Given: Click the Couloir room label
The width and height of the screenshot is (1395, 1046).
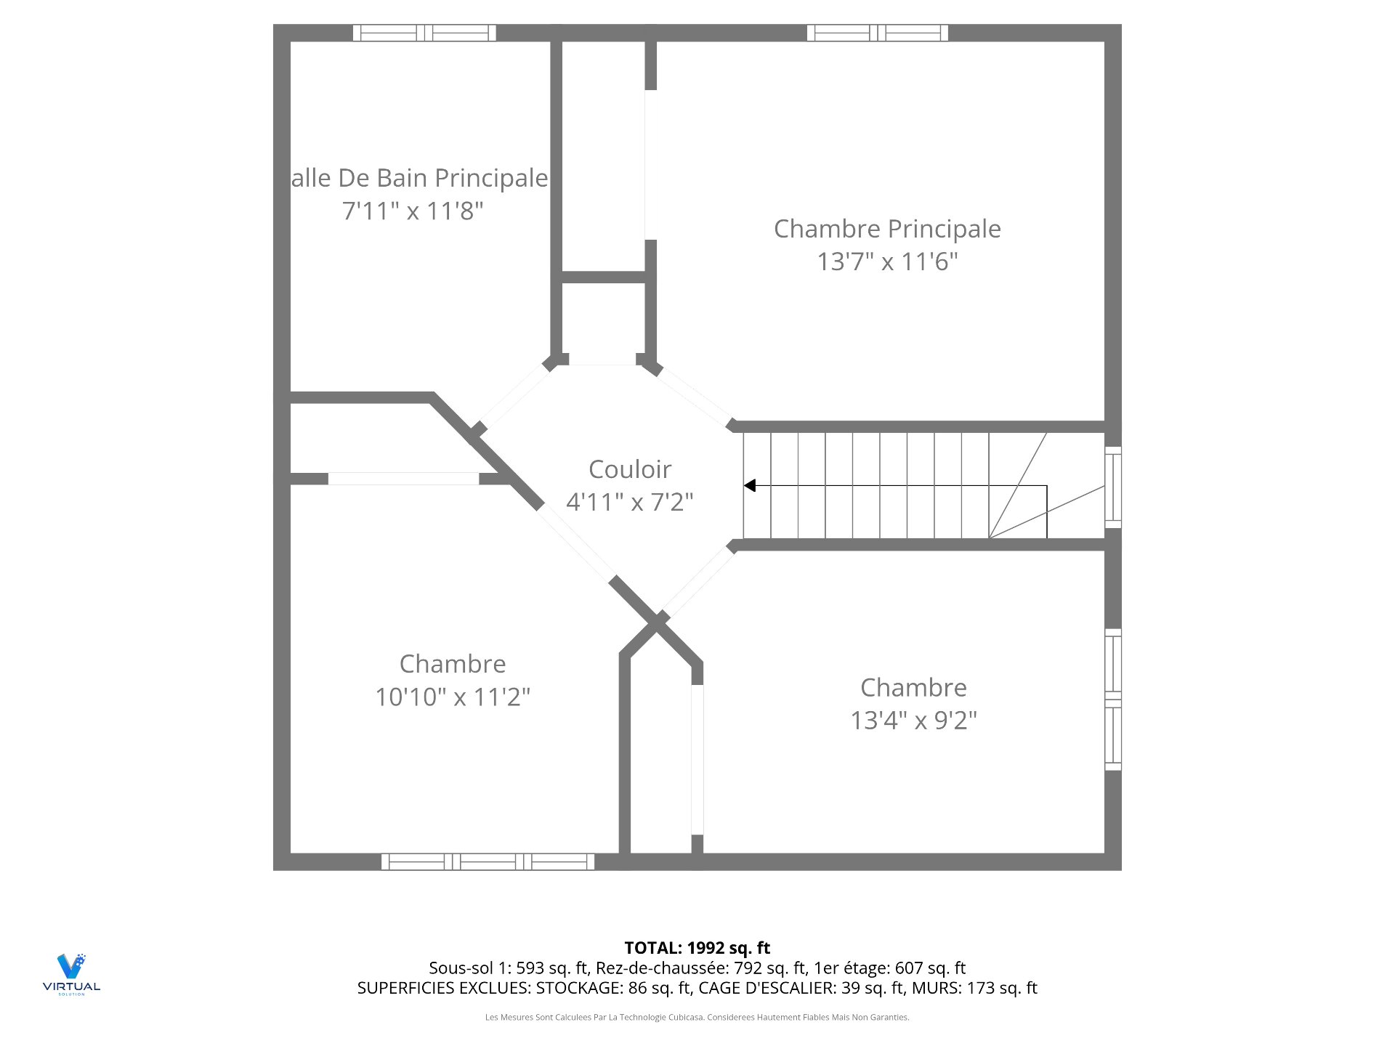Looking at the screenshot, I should point(629,469).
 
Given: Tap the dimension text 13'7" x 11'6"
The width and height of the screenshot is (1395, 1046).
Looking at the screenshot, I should point(887,261).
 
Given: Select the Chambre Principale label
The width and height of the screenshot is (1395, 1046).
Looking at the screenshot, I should point(887,229).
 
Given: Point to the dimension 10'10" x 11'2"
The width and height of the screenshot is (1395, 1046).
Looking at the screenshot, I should point(453,697).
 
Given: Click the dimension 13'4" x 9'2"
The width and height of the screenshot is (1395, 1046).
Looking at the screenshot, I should point(913,721).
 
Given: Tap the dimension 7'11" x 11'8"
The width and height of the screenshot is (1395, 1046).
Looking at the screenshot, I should point(413,211).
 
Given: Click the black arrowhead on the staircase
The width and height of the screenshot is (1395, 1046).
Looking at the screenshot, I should point(750,485).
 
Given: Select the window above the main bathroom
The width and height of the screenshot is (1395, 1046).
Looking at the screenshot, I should point(424,33).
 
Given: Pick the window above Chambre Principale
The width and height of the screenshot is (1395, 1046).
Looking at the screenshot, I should point(877,33).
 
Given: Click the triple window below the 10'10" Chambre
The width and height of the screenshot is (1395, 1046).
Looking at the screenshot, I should point(488,862).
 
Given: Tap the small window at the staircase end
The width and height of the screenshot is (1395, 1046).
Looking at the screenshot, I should point(1112,487).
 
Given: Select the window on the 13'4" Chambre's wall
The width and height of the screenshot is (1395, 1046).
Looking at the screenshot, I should point(1112,700).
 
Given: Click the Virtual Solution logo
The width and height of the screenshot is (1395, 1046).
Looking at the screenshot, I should point(71,973).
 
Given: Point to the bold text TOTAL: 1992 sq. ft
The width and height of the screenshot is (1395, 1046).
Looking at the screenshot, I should point(697,948).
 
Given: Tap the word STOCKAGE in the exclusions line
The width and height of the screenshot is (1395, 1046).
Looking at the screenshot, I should point(577,988).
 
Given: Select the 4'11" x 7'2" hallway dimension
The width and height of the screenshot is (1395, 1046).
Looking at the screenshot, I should point(629,502).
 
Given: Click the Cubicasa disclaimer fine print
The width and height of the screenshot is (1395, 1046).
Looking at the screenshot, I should point(697,1018).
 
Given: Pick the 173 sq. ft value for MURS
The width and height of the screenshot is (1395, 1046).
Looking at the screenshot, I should point(1002,988).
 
